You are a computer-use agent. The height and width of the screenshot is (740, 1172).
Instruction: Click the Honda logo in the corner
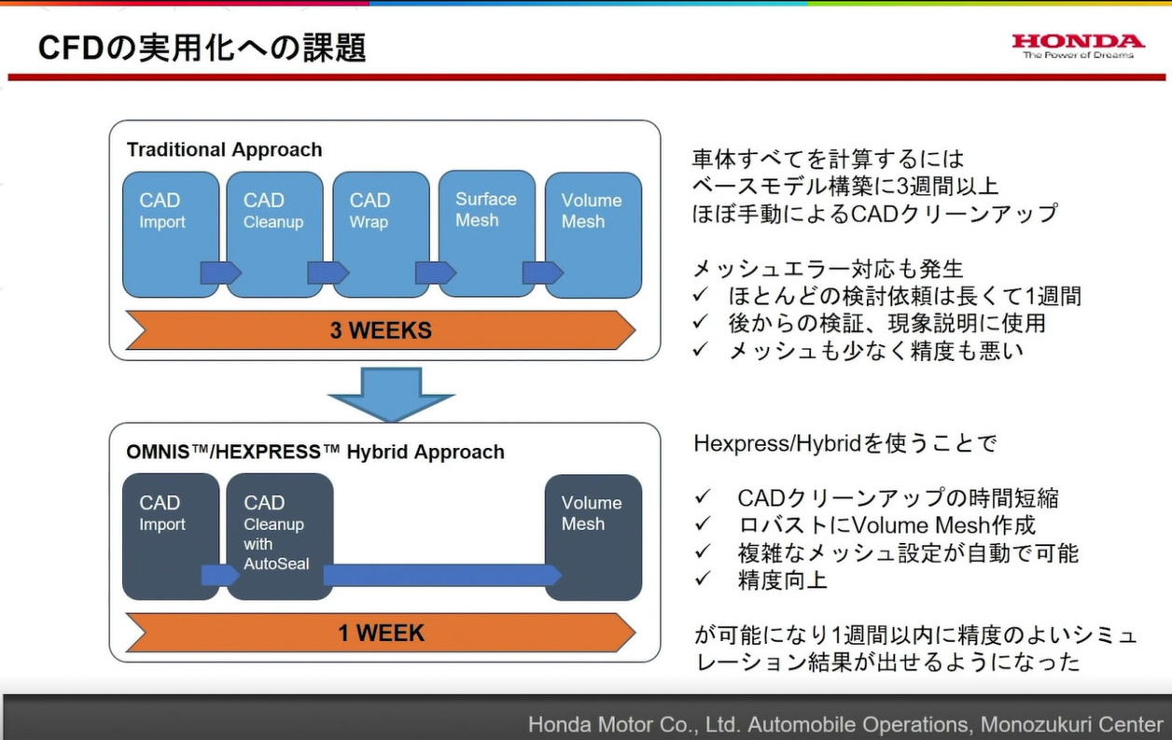1078,46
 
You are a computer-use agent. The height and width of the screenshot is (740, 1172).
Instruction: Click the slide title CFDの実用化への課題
202,48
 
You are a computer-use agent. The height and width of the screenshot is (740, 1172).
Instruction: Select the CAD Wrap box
381,233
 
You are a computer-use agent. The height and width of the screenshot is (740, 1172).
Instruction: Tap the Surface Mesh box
486,232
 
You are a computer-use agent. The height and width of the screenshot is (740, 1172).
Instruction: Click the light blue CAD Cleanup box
274,233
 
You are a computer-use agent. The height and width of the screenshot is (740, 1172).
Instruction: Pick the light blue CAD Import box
170,233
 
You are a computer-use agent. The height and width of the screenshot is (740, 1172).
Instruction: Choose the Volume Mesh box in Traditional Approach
593,234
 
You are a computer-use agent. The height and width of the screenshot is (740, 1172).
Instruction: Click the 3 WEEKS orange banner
380,330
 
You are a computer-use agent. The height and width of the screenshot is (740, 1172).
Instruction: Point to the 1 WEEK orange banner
380,633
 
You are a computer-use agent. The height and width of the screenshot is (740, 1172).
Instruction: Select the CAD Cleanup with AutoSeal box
279,536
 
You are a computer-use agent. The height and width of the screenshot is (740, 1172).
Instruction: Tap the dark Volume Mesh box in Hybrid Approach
593,537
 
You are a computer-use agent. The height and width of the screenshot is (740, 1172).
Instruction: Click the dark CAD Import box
170,536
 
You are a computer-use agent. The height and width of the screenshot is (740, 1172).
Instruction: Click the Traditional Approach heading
224,149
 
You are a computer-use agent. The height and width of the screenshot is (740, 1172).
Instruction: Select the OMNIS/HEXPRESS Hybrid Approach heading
315,452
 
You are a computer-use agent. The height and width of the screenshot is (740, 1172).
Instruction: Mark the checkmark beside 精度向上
703,579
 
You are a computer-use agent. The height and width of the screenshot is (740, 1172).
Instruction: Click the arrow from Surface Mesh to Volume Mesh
542,272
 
